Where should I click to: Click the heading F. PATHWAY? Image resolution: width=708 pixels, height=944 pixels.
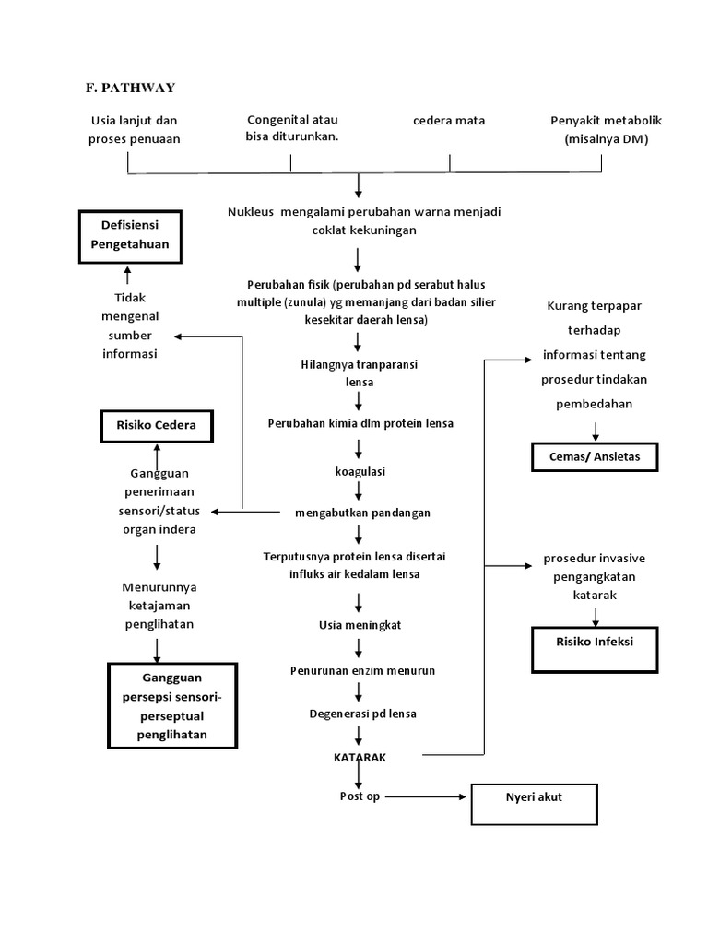click(x=130, y=88)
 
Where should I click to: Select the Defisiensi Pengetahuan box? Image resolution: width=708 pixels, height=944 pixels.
click(x=128, y=236)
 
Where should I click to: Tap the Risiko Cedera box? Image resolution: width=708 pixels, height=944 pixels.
click(x=156, y=427)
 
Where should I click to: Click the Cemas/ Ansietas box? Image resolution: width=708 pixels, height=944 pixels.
click(x=595, y=456)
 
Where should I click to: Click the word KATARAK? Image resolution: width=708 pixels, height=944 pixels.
click(x=360, y=756)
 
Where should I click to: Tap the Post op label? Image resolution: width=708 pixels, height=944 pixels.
click(x=360, y=796)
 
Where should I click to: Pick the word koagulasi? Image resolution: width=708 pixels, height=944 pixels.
click(x=360, y=471)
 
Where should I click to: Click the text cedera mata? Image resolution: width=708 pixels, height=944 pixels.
click(x=449, y=121)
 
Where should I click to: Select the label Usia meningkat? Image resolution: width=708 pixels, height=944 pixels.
click(x=360, y=624)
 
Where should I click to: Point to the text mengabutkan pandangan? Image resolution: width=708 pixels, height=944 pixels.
click(x=363, y=512)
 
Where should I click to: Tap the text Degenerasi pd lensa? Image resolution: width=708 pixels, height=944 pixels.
click(x=362, y=714)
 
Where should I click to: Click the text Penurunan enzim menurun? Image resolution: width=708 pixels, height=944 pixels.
click(x=362, y=669)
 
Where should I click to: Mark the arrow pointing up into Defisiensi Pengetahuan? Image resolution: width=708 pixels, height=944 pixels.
click(x=128, y=276)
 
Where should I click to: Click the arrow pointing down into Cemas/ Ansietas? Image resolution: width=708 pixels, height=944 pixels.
click(x=596, y=430)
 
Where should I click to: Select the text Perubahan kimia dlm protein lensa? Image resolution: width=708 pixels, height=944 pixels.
click(x=360, y=423)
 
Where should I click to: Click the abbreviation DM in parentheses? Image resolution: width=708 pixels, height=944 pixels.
click(x=632, y=139)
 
